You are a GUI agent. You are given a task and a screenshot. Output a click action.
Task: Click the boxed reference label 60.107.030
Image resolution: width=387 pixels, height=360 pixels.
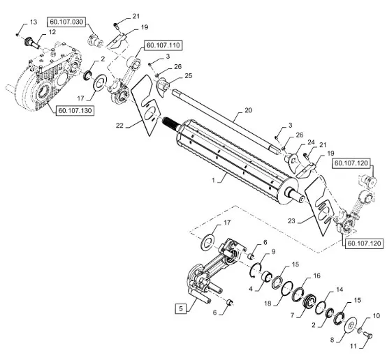point(66,22)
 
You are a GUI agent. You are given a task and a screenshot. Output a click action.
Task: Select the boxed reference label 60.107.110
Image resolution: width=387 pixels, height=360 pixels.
point(163,45)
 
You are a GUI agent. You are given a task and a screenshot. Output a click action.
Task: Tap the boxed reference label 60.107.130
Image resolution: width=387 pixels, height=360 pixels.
point(75,111)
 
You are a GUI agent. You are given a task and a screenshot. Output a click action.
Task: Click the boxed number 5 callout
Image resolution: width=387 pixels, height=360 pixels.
point(181,308)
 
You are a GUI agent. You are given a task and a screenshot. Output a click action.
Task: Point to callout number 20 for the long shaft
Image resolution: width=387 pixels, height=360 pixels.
point(248,110)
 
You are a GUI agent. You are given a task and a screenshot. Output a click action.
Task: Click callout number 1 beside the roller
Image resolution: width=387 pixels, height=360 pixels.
point(213,181)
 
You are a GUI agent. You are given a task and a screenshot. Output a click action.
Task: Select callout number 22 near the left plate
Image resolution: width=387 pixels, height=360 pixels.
point(119,126)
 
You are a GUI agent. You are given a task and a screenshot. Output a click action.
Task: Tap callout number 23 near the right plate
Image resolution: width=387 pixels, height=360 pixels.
point(291,220)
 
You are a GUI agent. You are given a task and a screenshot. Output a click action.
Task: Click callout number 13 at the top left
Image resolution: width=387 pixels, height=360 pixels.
point(34,22)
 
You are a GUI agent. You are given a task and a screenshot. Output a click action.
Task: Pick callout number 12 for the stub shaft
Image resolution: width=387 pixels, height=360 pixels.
point(52,32)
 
